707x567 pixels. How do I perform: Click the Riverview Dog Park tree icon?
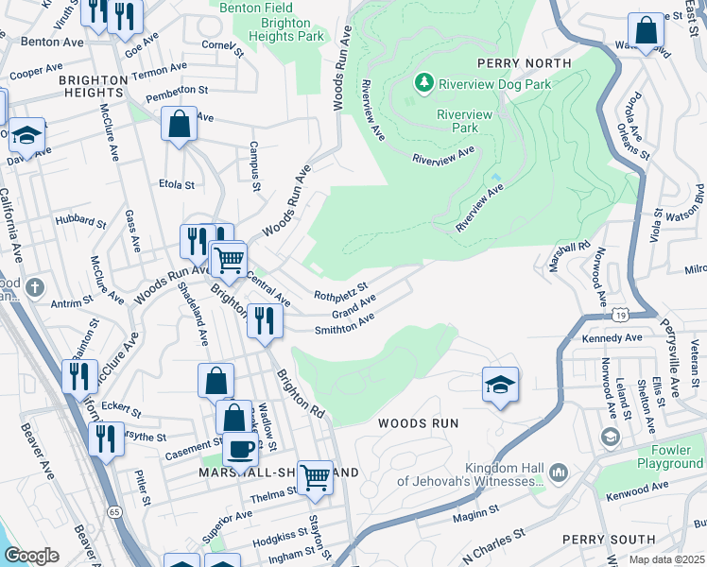click(x=424, y=83)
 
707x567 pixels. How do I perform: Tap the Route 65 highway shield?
click(x=113, y=511)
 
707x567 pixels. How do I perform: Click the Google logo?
click(x=31, y=556)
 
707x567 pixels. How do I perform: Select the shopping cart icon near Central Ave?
click(x=228, y=257)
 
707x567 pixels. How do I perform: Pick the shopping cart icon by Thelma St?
click(x=315, y=477)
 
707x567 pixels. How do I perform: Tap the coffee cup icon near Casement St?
click(x=241, y=448)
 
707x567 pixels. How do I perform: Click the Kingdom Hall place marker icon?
click(x=558, y=471)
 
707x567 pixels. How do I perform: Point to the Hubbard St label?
click(x=82, y=223)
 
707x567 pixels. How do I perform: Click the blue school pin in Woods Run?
click(x=500, y=384)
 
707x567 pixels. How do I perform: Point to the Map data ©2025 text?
click(x=667, y=559)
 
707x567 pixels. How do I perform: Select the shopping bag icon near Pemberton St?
click(x=179, y=124)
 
